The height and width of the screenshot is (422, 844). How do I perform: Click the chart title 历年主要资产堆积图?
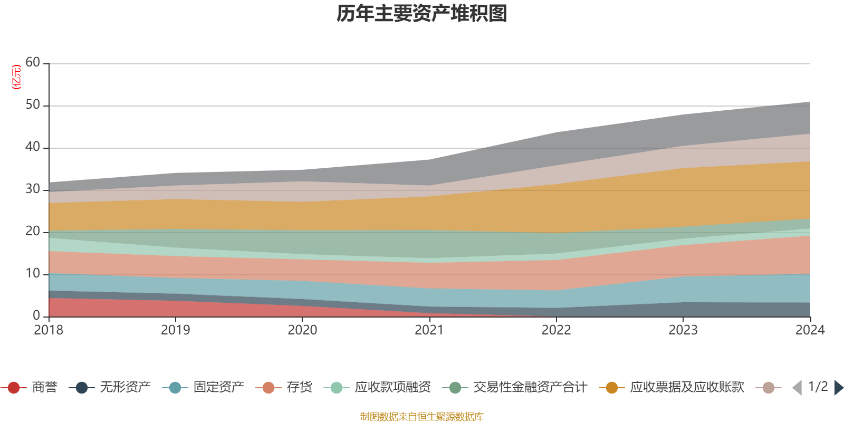(x=422, y=14)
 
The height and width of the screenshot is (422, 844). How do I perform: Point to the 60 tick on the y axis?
(x=33, y=62)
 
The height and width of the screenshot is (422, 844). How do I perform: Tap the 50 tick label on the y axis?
(x=33, y=104)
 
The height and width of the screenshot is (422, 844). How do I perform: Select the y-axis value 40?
(x=33, y=147)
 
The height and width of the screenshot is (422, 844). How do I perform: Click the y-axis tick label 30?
(x=33, y=189)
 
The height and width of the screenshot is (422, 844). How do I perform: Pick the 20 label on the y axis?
(x=33, y=231)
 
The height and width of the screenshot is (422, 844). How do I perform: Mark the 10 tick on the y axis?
(x=33, y=273)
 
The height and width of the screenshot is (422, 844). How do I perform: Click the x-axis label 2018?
(x=49, y=330)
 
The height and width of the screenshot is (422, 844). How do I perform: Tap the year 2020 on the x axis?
(x=302, y=330)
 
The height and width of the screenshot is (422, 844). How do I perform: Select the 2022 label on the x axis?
(x=556, y=330)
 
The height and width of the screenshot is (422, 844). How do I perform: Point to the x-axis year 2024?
(x=810, y=330)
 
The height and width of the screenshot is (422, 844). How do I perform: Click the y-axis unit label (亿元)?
(x=16, y=77)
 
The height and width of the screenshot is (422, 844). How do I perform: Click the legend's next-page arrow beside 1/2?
(x=839, y=388)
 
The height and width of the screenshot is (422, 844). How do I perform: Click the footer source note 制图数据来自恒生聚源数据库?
(x=422, y=417)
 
